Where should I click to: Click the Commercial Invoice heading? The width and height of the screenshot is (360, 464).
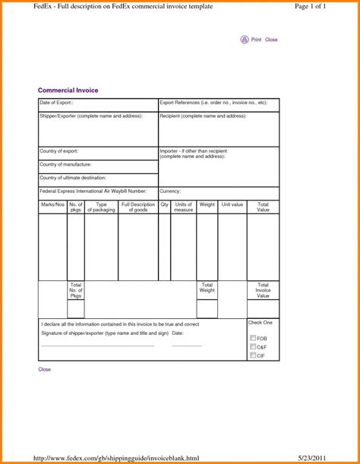click(68, 90)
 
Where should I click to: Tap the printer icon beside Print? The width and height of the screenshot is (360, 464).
click(245, 39)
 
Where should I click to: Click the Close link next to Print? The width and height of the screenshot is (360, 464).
click(271, 39)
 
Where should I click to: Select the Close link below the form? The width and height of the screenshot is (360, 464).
click(45, 369)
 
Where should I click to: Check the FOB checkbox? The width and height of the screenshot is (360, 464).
click(253, 338)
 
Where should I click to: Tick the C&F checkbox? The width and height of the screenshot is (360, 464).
click(253, 347)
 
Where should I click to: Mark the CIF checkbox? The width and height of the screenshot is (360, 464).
click(253, 355)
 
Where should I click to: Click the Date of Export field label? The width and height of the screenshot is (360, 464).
click(57, 102)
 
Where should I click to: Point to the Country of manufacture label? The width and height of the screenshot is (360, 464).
click(65, 165)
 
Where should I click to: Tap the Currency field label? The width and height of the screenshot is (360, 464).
click(170, 191)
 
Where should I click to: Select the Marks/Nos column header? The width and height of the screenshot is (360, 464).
click(52, 204)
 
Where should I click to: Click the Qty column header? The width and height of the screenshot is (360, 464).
click(164, 204)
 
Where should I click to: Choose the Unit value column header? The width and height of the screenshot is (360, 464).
click(232, 204)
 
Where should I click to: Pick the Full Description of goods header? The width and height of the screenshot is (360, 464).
click(138, 207)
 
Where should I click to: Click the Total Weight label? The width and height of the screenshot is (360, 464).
click(207, 288)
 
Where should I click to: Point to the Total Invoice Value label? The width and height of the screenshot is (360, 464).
click(263, 290)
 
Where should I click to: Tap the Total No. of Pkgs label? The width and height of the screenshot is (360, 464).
click(76, 290)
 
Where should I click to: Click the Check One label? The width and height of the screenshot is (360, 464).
click(260, 323)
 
